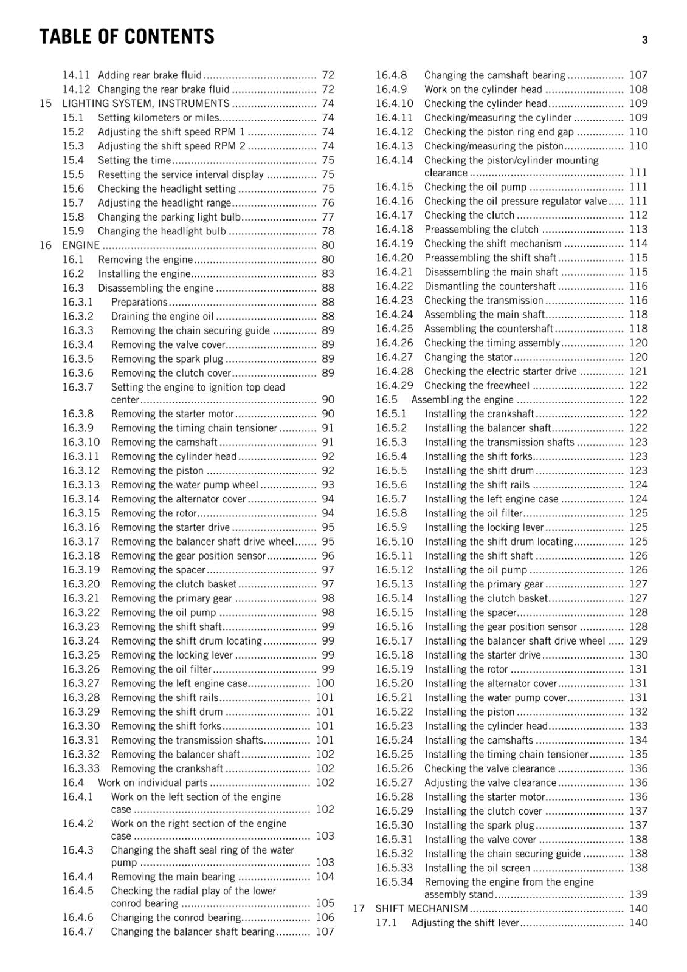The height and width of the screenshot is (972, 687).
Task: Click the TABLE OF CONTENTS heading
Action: pyautogui.click(x=126, y=37)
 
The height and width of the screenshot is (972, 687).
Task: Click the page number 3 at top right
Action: pyautogui.click(x=644, y=40)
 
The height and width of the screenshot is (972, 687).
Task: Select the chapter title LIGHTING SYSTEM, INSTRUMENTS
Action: pyautogui.click(x=145, y=103)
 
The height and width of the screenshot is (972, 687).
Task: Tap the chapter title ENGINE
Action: pyautogui.click(x=80, y=245)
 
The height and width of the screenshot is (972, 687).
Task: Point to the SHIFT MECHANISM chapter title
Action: pyautogui.click(x=421, y=909)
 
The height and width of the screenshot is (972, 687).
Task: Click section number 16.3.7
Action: pyautogui.click(x=78, y=388)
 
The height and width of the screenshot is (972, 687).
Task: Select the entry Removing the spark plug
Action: pyautogui.click(x=167, y=359)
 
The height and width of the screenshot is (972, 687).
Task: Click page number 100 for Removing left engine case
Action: pyautogui.click(x=325, y=683)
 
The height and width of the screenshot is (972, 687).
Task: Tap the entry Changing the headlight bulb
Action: pyautogui.click(x=162, y=231)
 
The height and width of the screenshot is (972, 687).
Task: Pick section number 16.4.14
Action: pyautogui.click(x=394, y=160)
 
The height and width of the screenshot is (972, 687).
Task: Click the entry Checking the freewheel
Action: pyautogui.click(x=477, y=386)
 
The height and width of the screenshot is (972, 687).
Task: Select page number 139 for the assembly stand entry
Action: pyautogui.click(x=638, y=895)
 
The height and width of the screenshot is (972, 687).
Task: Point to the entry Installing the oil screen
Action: pyautogui.click(x=477, y=868)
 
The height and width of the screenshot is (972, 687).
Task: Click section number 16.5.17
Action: pyautogui.click(x=394, y=641)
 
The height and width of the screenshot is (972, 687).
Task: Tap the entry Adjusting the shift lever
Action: pyautogui.click(x=465, y=923)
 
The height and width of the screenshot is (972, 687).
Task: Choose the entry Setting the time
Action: pyautogui.click(x=134, y=160)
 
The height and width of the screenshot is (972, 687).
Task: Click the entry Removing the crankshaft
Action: pyautogui.click(x=167, y=768)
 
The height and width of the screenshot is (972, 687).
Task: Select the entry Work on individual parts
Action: pyautogui.click(x=153, y=783)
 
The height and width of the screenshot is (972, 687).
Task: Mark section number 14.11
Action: pyautogui.click(x=76, y=75)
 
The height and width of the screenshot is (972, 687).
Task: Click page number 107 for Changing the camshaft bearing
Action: pyautogui.click(x=638, y=75)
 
